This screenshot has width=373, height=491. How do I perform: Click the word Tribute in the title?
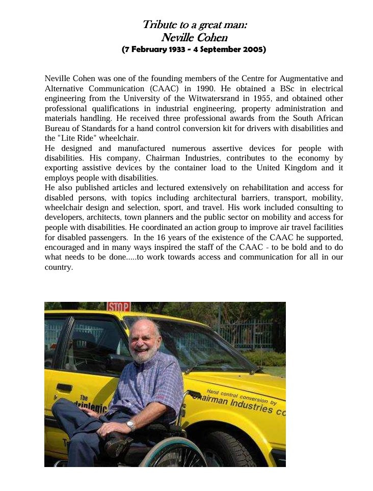[x=156, y=24]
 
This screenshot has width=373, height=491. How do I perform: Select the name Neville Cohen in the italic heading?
[x=194, y=37]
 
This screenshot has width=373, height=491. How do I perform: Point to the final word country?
[x=59, y=267]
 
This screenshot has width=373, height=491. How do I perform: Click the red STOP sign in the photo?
[x=118, y=307]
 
